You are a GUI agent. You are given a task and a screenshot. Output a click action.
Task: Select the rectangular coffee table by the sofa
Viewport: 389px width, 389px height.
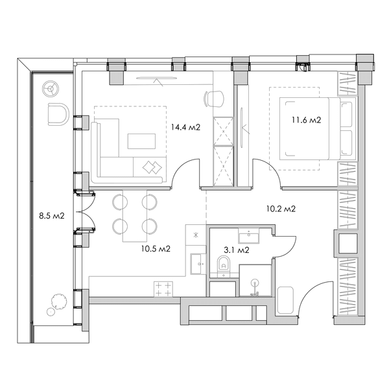coord(141,141)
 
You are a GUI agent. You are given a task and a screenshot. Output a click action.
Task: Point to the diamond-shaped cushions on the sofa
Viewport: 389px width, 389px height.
coord(152,167)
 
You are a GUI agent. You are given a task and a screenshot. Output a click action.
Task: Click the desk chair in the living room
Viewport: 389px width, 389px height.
coord(214,99)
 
